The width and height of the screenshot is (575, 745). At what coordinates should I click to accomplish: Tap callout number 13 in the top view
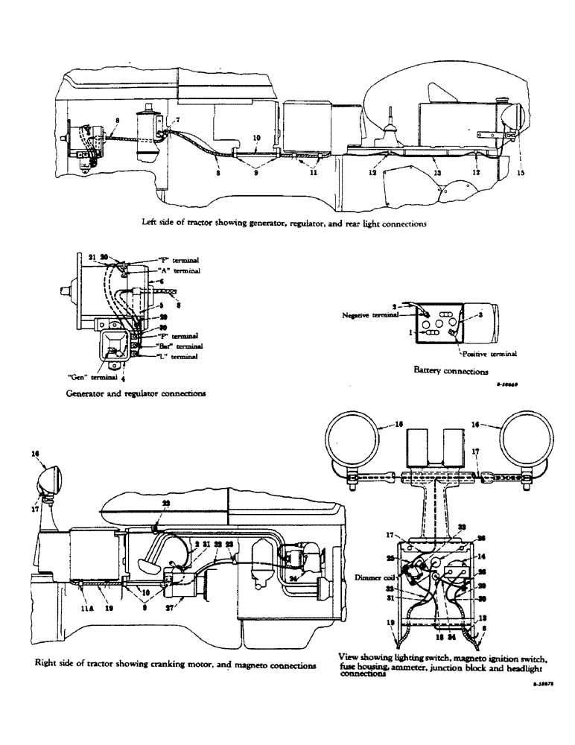pos(436,172)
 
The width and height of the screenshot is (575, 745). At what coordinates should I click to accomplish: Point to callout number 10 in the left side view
pos(255,138)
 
